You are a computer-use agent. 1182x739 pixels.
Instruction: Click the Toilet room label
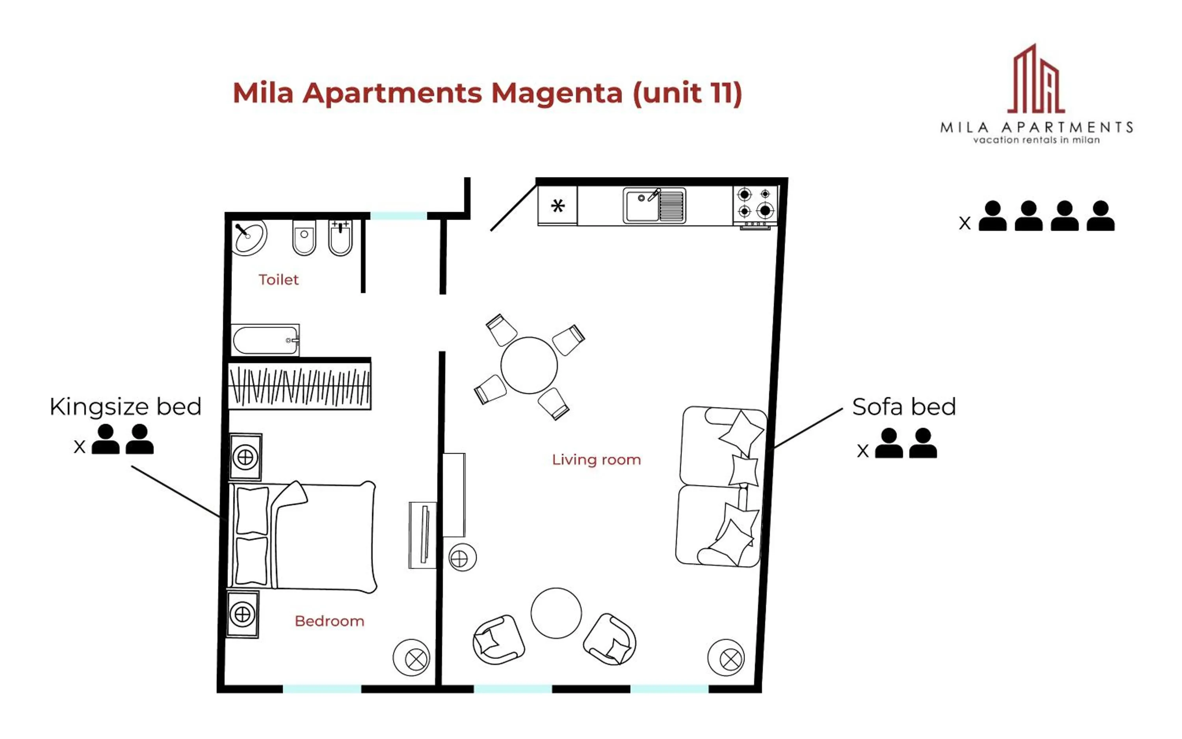[278, 280]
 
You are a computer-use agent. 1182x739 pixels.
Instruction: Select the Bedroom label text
[329, 621]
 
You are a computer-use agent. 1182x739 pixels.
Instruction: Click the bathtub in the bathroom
[264, 340]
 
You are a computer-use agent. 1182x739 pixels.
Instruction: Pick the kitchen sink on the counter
[654, 206]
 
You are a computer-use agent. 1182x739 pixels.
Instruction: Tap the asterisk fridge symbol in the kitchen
[557, 206]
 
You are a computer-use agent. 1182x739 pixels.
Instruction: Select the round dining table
[528, 365]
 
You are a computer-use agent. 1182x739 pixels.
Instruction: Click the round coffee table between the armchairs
[556, 613]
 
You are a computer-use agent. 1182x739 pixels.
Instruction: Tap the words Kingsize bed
[125, 407]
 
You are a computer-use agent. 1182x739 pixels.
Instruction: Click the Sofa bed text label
[903, 407]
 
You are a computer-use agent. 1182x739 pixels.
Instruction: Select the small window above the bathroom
[398, 215]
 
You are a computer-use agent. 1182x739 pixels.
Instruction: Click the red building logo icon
[1035, 81]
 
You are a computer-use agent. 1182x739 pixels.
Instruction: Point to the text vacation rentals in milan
[1036, 140]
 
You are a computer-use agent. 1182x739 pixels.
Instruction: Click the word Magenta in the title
[556, 93]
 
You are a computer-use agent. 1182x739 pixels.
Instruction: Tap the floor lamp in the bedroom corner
[411, 658]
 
